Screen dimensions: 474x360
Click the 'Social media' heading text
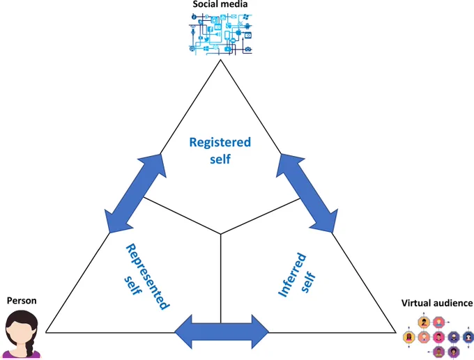(x=220, y=4)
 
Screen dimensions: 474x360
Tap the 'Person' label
(x=22, y=301)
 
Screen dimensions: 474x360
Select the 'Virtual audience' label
(x=437, y=303)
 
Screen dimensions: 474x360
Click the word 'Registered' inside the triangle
(x=220, y=142)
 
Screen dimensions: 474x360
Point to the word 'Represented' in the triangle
(x=147, y=276)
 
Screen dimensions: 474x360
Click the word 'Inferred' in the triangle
(x=291, y=275)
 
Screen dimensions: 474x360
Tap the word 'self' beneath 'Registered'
(x=220, y=159)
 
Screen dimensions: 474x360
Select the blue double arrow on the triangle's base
(x=222, y=331)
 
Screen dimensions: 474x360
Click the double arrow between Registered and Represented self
(x=135, y=194)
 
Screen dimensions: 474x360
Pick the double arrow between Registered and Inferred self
(x=307, y=194)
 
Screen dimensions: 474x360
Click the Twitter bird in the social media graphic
(x=206, y=39)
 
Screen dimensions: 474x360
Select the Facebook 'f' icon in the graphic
(x=210, y=30)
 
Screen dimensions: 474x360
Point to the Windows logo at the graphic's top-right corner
(x=245, y=16)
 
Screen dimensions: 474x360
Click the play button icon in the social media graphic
(x=228, y=49)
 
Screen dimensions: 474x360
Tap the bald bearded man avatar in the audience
(x=454, y=337)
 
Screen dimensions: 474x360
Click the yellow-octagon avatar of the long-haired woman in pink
(x=408, y=337)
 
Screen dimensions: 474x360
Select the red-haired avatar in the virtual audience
(x=438, y=322)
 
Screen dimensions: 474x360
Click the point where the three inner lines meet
(x=220, y=234)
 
